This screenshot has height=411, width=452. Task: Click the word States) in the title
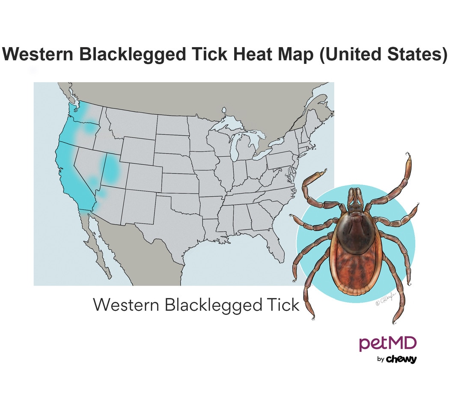point(415,55)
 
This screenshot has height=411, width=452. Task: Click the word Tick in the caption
point(283,305)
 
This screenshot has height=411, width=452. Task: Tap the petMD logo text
point(388,343)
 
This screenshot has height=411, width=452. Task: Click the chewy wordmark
point(401,359)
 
